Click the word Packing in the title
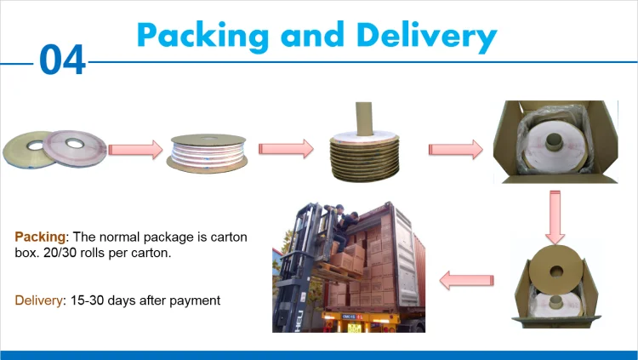pyautogui.click(x=200, y=35)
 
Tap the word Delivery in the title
pyautogui.click(x=426, y=35)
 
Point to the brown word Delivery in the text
pyautogui.click(x=38, y=300)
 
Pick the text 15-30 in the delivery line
pyautogui.click(x=88, y=300)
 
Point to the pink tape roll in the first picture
pyautogui.click(x=75, y=145)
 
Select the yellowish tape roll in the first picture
pyautogui.click(x=25, y=146)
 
